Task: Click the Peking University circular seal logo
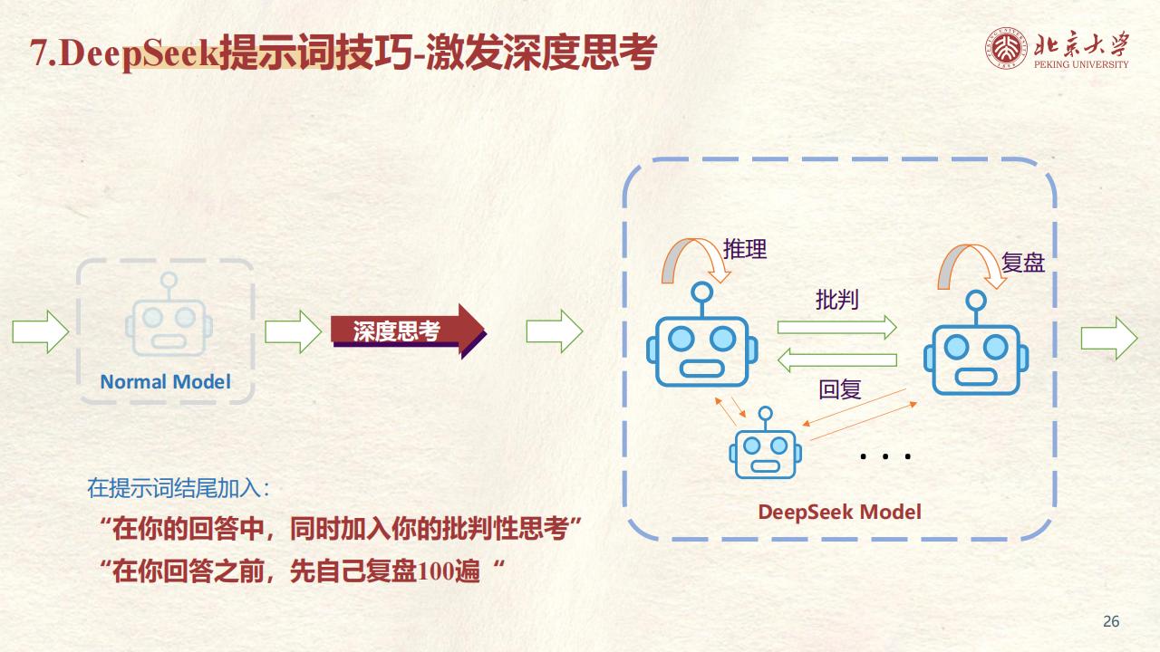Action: click(x=1006, y=48)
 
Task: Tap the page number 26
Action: click(x=1111, y=621)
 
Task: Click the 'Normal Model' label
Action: click(x=165, y=382)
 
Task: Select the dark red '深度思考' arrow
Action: click(x=408, y=331)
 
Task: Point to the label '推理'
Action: click(x=745, y=249)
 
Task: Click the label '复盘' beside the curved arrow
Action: click(x=1023, y=263)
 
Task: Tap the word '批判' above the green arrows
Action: click(x=836, y=300)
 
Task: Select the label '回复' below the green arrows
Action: click(x=839, y=389)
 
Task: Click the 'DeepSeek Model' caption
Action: click(x=839, y=512)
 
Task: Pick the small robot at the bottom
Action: click(x=766, y=443)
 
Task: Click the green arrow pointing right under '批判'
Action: click(x=836, y=327)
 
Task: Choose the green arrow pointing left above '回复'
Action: click(x=836, y=360)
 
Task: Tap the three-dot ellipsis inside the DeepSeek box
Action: click(x=885, y=456)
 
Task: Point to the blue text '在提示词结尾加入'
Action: click(x=174, y=488)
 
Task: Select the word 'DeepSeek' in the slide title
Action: click(x=140, y=53)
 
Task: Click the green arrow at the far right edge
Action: click(x=1109, y=339)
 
